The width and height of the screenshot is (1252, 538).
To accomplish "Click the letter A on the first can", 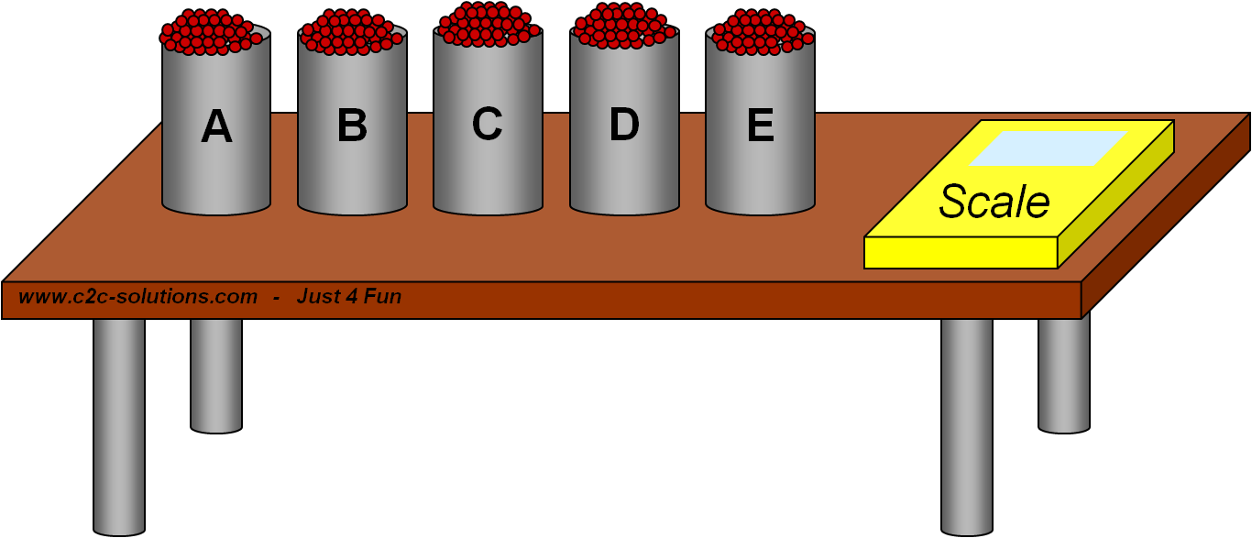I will click(x=216, y=126).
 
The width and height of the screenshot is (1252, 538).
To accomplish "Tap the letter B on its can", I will click(x=352, y=126).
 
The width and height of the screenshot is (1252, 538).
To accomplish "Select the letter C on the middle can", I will click(x=488, y=124).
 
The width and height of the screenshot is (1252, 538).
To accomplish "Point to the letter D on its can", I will click(x=624, y=125).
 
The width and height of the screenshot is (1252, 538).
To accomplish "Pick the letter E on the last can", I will click(x=760, y=126).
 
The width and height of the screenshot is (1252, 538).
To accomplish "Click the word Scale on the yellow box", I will click(x=994, y=202).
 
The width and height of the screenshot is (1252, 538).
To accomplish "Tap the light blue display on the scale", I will click(x=1048, y=149).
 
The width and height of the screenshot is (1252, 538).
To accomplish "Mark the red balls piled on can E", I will click(x=761, y=32).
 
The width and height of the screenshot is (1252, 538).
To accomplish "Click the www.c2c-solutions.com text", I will click(x=137, y=297).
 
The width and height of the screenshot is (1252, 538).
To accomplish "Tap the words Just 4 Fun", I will click(x=349, y=297).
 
